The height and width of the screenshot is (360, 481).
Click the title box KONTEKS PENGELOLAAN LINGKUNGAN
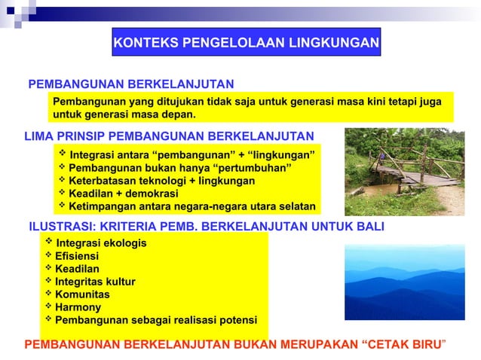(x=246, y=43)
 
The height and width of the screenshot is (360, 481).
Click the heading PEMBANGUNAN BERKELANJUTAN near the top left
(x=130, y=83)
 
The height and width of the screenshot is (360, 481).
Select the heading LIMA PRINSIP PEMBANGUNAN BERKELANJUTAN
(x=169, y=136)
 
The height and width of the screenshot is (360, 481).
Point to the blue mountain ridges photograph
(x=404, y=283)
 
